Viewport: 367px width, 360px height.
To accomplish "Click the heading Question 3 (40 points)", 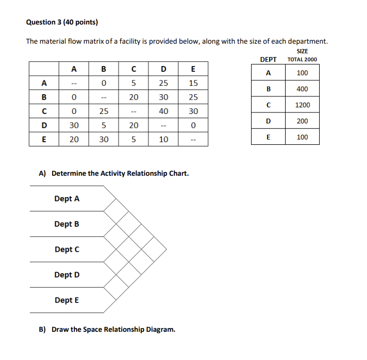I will click(62, 22).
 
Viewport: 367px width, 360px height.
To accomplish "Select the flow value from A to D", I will click(163, 83).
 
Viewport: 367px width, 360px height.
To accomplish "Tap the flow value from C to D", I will click(163, 111).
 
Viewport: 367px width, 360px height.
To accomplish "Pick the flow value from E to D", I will click(163, 140).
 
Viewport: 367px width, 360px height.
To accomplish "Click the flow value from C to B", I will click(104, 111).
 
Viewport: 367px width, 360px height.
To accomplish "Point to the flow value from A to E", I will click(193, 83).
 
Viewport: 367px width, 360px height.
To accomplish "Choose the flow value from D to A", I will click(74, 125).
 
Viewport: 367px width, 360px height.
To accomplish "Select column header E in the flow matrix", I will click(193, 68).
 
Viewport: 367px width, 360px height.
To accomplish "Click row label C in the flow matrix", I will click(45, 111).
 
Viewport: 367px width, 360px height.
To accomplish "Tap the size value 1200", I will click(302, 105).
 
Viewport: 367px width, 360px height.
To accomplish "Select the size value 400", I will click(302, 89).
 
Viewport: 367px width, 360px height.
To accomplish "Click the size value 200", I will click(302, 121).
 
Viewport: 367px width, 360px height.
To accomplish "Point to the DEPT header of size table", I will click(268, 60).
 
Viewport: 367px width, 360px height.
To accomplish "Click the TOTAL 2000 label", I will click(302, 60).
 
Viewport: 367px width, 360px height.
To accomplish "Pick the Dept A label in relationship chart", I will click(67, 199).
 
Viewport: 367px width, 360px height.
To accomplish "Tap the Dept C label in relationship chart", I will click(67, 249).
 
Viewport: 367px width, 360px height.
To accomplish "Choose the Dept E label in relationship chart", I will click(67, 300).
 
